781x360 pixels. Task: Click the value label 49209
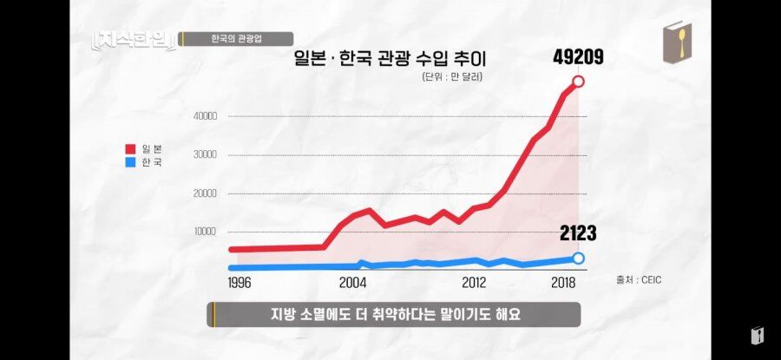[x=578, y=58]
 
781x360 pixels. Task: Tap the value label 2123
[x=578, y=233]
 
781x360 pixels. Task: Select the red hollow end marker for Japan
[x=578, y=82]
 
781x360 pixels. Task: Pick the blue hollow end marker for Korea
[x=578, y=258]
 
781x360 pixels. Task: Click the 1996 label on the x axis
[x=240, y=284]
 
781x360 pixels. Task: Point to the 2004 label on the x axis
[x=352, y=284]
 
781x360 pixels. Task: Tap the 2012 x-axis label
[x=474, y=284]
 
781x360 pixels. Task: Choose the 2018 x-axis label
[x=563, y=284]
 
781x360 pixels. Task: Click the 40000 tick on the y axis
[x=205, y=116]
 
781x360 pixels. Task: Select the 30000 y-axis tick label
[x=205, y=154]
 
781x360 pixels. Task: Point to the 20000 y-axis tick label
[x=205, y=193]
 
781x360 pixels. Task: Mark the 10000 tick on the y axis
[x=205, y=232]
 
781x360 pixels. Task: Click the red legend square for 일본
[x=130, y=149]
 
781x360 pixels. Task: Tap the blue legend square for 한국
[x=130, y=162]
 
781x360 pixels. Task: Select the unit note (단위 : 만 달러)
[x=452, y=77]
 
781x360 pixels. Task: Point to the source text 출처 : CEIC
[x=639, y=280]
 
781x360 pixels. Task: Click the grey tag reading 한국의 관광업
[x=235, y=39]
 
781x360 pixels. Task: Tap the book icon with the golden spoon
[x=678, y=42]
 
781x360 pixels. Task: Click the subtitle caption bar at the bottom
[x=393, y=315]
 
